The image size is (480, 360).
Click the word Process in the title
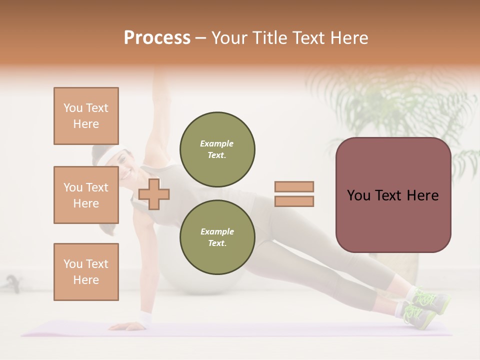157,38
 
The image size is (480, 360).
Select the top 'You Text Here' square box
86,116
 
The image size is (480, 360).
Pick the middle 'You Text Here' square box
86,195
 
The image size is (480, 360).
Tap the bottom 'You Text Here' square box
86,272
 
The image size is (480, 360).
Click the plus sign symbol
154,194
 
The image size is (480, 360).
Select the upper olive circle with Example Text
217,149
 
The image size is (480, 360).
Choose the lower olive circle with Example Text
217,237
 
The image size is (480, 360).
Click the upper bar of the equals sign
294,187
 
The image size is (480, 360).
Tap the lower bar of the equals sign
294,201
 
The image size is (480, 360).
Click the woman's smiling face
122,167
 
